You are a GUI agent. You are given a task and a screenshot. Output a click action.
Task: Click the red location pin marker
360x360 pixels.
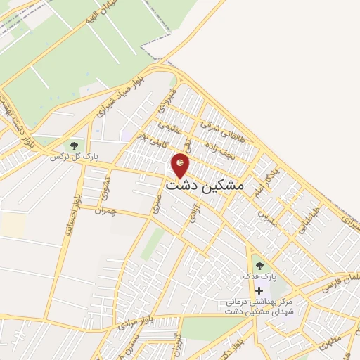[x=181, y=164]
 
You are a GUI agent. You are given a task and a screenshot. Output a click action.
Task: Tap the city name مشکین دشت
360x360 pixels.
[x=205, y=185]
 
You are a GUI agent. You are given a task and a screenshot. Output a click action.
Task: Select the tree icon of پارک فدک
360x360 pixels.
[x=259, y=266]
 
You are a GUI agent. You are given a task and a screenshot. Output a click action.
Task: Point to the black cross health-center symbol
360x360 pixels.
[x=259, y=290]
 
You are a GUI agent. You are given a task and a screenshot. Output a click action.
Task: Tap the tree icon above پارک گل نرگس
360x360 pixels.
[x=73, y=146]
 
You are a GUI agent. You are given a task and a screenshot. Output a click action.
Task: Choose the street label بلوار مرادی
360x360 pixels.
[x=131, y=323]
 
